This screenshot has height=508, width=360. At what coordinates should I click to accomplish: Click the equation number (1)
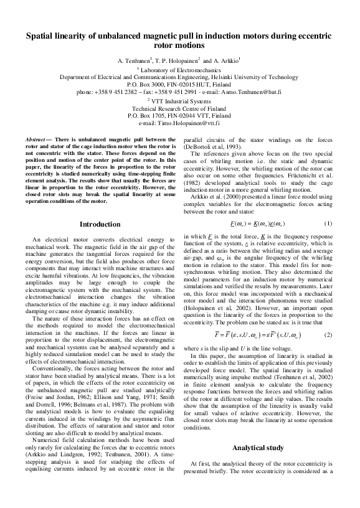pos(328,205)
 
